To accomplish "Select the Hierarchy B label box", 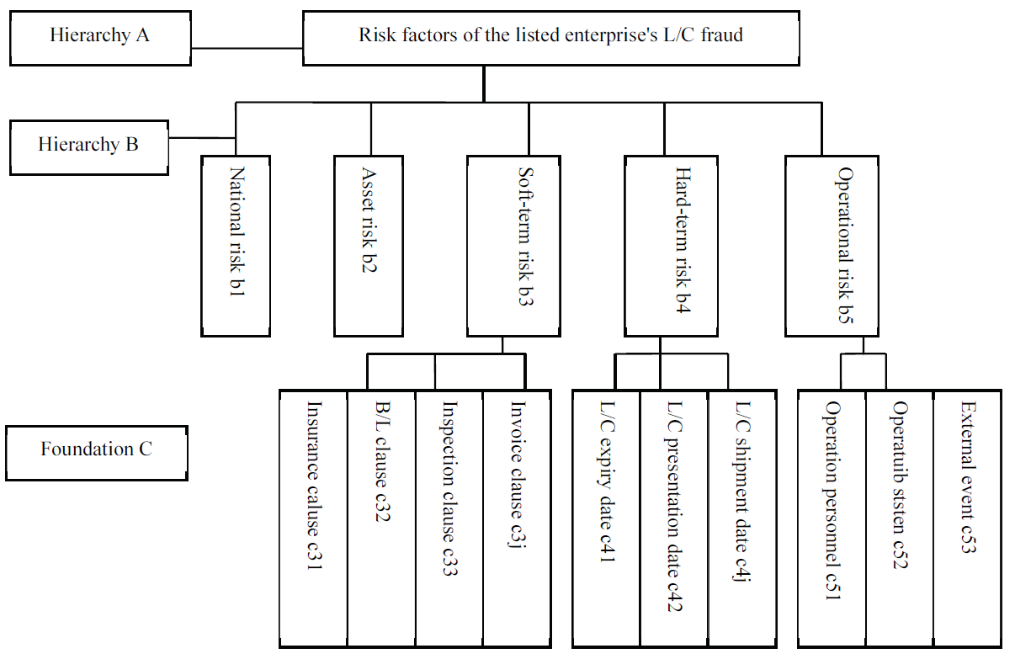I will pos(88,145).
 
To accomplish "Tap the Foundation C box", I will pos(96,449).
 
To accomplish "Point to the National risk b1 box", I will pos(236,246).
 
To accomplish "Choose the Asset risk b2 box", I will pos(369,246).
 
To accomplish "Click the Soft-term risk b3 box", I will pos(526,246).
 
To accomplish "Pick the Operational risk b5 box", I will pos(832,246).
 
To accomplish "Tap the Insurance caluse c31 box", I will pos(313,518).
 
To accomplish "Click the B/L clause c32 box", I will pos(381,518).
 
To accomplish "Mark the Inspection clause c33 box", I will pos(449,518).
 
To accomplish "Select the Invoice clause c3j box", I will pos(517,518).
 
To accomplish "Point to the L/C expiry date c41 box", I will pos(606,518).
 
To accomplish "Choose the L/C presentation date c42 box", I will pos(673,518).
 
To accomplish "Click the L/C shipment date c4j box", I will pos(741,518).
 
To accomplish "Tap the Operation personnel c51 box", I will pos(832,518).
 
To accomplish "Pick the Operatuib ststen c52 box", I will pos(899,518).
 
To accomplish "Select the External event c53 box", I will pos(967,518).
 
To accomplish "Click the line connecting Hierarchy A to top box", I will pos(247,49).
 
